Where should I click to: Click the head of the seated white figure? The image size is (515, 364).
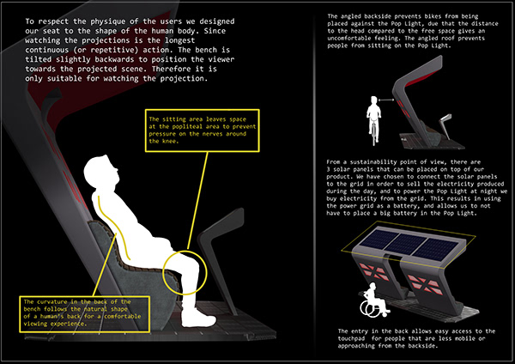pyautogui.click(x=100, y=172)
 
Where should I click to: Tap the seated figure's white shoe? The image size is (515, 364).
pyautogui.click(x=198, y=318)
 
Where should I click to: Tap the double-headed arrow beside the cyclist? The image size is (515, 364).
pyautogui.click(x=386, y=100)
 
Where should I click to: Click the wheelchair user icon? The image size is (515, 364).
pyautogui.click(x=375, y=300)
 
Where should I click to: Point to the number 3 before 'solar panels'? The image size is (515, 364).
pyautogui.click(x=329, y=169)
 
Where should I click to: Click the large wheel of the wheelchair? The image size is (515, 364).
pyautogui.click(x=368, y=309)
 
